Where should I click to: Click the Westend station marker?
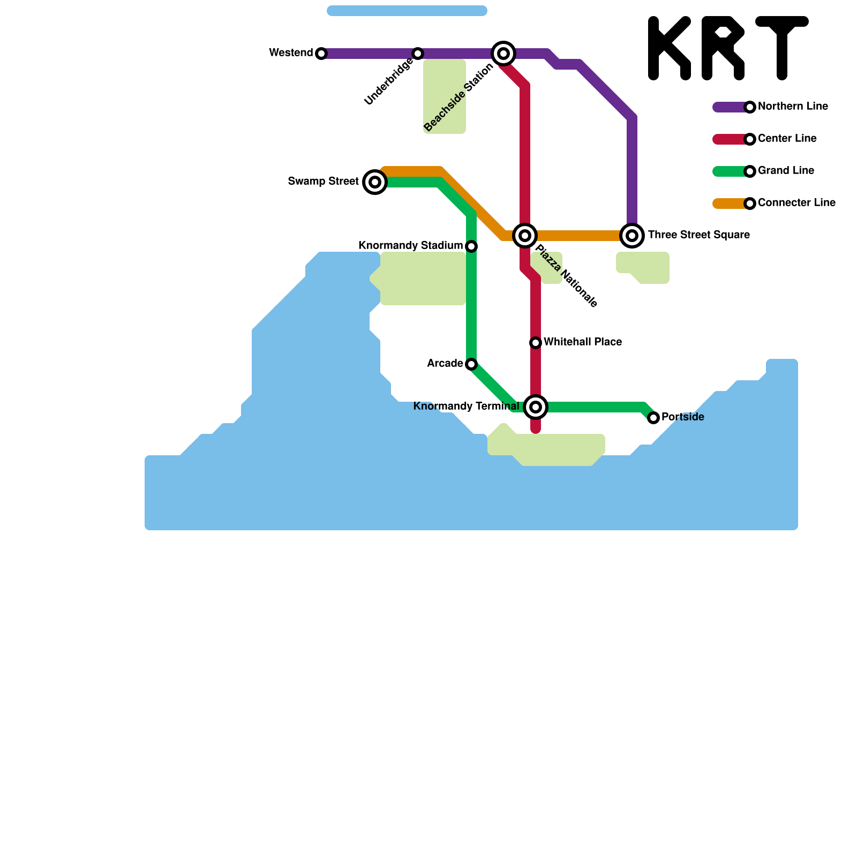tap(321, 54)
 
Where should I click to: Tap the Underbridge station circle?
tap(418, 54)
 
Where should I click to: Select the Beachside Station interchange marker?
tap(503, 54)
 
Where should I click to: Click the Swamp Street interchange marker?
tap(375, 182)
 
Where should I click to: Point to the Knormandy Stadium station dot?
tap(471, 246)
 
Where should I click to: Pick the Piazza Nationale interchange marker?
tap(525, 236)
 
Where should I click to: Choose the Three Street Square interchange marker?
tap(632, 236)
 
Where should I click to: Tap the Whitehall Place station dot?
tap(536, 343)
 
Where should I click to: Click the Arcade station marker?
tap(471, 364)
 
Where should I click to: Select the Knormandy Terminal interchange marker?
tap(536, 407)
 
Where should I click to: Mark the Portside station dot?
tap(653, 418)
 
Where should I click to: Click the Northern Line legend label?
tap(793, 107)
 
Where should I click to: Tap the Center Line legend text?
tap(787, 139)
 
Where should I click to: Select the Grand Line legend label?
tap(786, 171)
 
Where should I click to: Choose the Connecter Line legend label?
tap(796, 203)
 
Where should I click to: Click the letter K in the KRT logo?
tap(668, 48)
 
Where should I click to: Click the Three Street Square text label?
tap(698, 235)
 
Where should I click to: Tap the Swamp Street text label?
tap(323, 182)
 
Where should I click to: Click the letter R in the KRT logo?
tap(723, 48)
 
